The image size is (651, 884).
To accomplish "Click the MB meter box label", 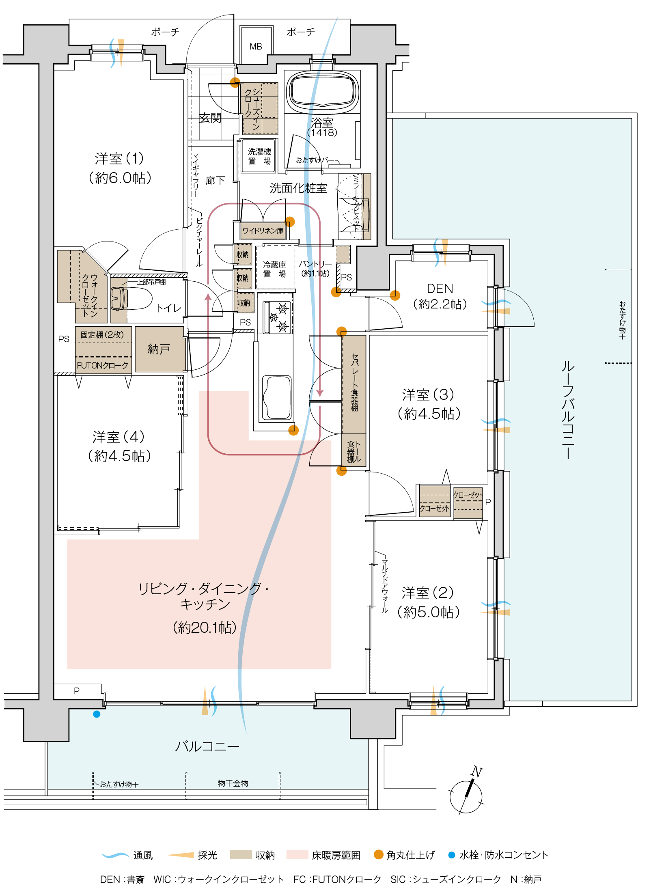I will pos(256,46).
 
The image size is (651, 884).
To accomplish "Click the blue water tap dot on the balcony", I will pos(97,714).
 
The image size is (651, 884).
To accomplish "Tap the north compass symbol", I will pos(466,796).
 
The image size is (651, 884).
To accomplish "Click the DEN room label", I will pos(440,289).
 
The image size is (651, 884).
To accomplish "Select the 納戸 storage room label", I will pos(159,349).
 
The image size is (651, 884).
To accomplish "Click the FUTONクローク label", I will pos(103,365).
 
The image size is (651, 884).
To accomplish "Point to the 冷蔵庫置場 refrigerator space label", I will pos(275,269).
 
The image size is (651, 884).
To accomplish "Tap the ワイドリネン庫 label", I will pos(263,231).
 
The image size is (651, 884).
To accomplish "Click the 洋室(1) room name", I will pos(119,159).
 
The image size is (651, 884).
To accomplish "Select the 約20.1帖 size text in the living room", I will pos(205,627).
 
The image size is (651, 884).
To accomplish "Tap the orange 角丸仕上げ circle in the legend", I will pos(378,854).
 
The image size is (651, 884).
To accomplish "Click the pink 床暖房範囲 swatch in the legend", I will pos(297,854).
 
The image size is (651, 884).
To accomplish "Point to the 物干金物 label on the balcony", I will pos(233,783).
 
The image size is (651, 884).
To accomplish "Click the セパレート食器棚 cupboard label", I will pos(354,382).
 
